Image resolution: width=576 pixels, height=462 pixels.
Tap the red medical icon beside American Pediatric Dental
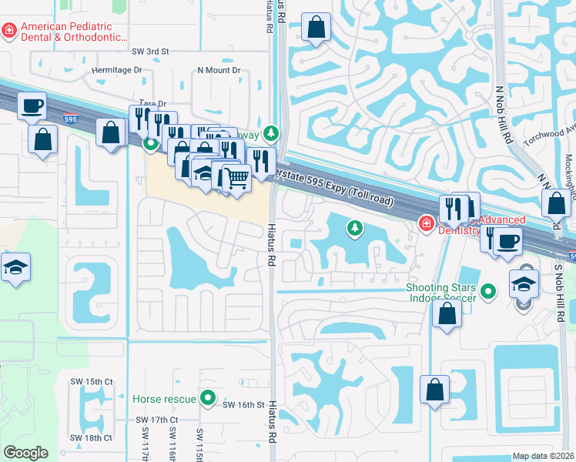pos(8,30)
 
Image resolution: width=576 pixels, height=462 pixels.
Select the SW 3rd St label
pos(149,51)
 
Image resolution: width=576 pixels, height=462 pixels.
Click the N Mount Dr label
pos(219,70)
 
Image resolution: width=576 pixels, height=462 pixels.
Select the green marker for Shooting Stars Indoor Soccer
pos(487,291)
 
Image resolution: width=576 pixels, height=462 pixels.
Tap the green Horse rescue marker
pos(207,399)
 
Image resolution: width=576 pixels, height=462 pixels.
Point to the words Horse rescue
pos(165,399)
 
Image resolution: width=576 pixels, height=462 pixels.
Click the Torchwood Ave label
pos(544,138)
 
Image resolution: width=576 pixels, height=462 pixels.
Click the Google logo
pos(25,453)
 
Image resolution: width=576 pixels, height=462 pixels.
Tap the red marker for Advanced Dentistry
pos(424,223)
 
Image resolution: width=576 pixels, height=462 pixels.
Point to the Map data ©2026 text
pos(544,456)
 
